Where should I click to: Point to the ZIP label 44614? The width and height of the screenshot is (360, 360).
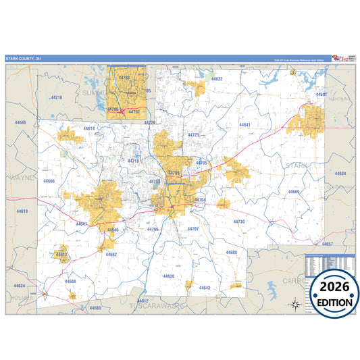pyautogui.click(x=89, y=128)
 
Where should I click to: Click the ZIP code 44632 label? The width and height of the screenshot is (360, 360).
pyautogui.click(x=215, y=79)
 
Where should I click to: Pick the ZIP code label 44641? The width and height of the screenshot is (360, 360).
pyautogui.click(x=245, y=125)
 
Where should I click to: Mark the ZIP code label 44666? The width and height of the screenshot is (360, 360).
pyautogui.click(x=49, y=181)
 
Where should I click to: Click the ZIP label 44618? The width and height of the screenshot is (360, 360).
pyautogui.click(x=22, y=211)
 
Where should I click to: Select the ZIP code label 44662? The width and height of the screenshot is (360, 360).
pyautogui.click(x=111, y=254)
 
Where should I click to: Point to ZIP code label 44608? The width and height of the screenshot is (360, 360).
pyautogui.click(x=70, y=281)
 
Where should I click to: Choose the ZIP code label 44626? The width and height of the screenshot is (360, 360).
pyautogui.click(x=168, y=276)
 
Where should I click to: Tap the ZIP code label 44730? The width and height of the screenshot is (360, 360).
pyautogui.click(x=239, y=222)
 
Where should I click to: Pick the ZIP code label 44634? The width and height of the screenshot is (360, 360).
pyautogui.click(x=340, y=174)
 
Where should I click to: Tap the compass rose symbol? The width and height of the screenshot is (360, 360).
pyautogui.click(x=294, y=303)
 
